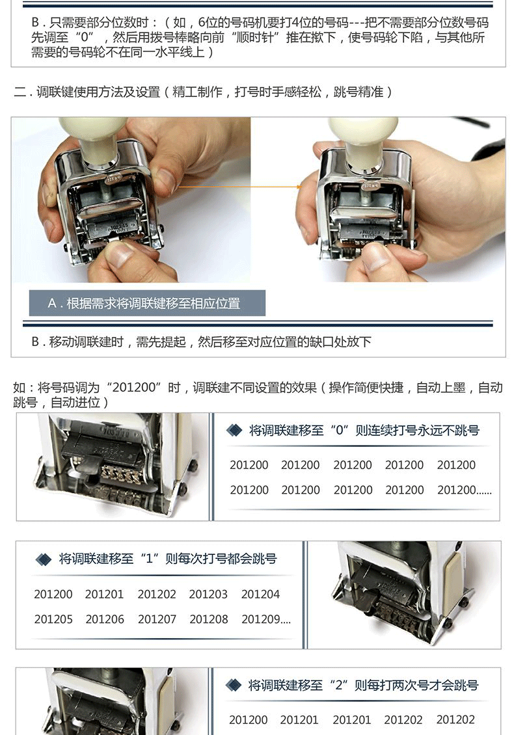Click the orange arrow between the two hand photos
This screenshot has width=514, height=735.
click(239, 187)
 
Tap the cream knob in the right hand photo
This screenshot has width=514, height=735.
click(358, 140)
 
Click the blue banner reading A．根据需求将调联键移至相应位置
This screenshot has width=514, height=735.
click(147, 303)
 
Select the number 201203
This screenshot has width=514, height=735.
click(208, 594)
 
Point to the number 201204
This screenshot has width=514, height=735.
click(260, 594)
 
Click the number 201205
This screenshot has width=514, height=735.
click(53, 619)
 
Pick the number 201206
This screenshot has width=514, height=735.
click(105, 619)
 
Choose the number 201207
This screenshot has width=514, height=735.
click(157, 619)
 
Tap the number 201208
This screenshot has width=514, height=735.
click(209, 619)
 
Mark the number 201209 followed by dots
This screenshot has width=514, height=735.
click(266, 619)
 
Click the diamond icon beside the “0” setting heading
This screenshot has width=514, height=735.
click(234, 430)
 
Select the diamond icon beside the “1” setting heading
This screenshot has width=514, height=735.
click(44, 559)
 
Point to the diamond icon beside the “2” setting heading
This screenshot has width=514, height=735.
click(233, 686)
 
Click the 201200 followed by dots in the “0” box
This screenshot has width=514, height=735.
click(465, 490)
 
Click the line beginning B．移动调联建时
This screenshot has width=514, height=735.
click(201, 341)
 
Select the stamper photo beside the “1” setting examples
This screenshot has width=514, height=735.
click(404, 595)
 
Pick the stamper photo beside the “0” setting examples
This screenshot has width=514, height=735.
click(113, 466)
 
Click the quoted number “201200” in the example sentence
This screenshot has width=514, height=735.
click(134, 388)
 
